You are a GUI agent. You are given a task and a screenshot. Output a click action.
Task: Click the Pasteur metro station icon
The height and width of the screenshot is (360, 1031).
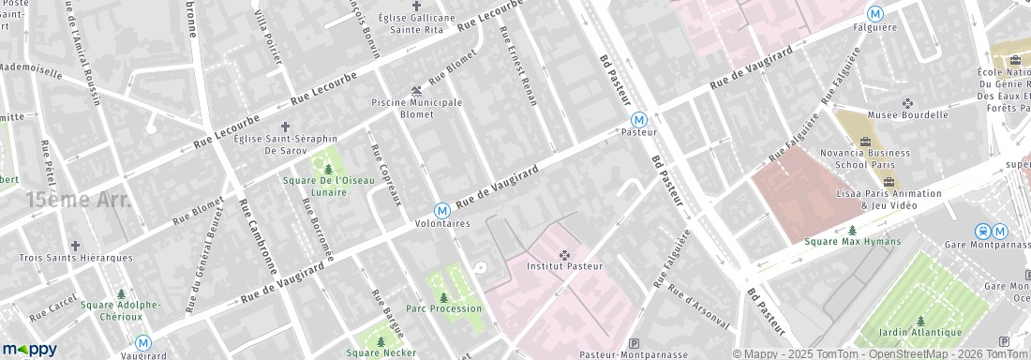click(x=638, y=119)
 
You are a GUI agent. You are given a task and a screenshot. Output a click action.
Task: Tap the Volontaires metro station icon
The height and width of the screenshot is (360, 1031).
click(x=441, y=211)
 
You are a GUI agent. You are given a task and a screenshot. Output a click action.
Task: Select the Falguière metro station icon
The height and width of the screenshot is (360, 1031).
click(x=874, y=13)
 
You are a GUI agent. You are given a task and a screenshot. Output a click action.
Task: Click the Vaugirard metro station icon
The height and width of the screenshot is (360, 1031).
click(x=143, y=343)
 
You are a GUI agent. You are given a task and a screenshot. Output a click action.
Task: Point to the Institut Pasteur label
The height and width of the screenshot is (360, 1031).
click(x=564, y=266)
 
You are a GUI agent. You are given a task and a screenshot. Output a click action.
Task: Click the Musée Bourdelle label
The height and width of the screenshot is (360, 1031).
click(x=908, y=115)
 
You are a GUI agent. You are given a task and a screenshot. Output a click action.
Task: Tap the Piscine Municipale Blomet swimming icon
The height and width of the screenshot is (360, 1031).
click(x=416, y=90)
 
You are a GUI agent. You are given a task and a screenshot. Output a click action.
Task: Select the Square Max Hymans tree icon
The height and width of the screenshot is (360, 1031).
click(x=852, y=230)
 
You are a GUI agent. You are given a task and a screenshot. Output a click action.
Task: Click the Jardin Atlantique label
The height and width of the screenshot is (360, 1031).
click(x=920, y=332)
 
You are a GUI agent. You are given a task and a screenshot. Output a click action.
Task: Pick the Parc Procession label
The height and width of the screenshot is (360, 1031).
click(x=443, y=308)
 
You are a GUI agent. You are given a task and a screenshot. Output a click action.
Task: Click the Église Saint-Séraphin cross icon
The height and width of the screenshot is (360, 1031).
click(x=285, y=126)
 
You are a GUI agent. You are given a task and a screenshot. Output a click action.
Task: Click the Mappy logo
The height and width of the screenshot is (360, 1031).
click(x=29, y=349)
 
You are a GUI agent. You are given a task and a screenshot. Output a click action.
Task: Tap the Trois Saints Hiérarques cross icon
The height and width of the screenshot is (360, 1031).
click(x=75, y=245)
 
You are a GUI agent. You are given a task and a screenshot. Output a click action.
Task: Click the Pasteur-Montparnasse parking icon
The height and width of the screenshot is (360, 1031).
click(x=634, y=343)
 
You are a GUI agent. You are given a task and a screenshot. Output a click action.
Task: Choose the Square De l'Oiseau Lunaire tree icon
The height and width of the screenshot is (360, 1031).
click(x=328, y=169)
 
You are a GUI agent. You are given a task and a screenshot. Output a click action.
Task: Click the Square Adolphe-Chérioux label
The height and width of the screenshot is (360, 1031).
click(x=120, y=309)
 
